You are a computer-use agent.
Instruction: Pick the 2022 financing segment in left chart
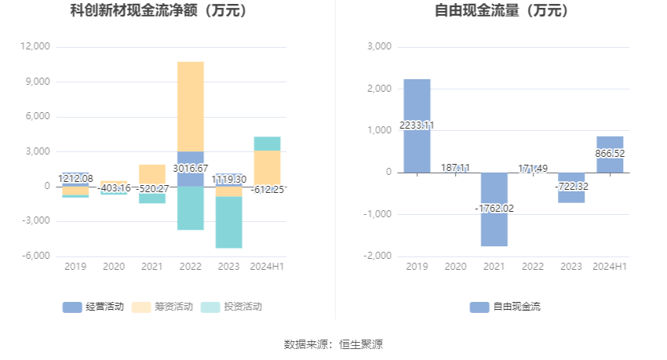[190, 106]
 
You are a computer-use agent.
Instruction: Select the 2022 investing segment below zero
[190, 208]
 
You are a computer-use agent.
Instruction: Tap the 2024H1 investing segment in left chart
[267, 143]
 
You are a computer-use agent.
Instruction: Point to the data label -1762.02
[494, 208]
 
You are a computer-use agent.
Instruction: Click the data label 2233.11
[417, 125]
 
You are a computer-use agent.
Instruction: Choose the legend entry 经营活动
[94, 307]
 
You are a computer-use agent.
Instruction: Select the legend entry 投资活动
[233, 307]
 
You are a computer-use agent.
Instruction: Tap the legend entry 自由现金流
[506, 307]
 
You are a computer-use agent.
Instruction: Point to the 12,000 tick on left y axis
[36, 47]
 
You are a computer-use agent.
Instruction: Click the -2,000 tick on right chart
[378, 256]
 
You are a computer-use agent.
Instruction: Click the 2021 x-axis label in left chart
[151, 267]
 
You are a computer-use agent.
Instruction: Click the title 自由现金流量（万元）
[502, 11]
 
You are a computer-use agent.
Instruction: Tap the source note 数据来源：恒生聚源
[333, 344]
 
